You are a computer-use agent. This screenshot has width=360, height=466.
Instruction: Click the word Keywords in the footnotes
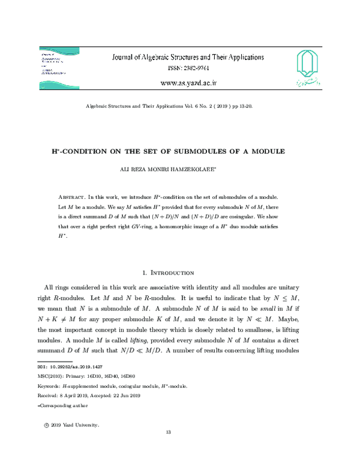click(x=50, y=386)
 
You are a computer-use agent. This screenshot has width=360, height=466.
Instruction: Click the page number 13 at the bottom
click(x=169, y=433)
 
